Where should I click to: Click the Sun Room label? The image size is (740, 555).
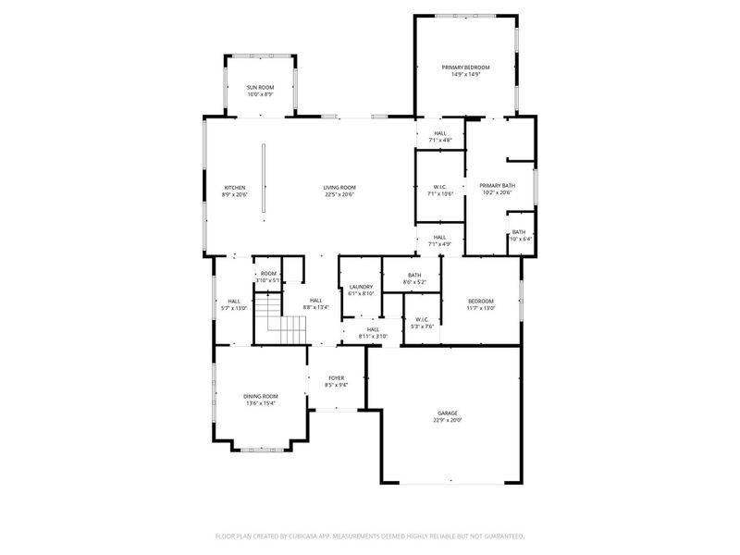tap(260, 87)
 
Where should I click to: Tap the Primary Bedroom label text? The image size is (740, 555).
tap(465, 68)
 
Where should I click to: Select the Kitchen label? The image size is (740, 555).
tap(234, 187)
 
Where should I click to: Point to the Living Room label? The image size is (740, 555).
tap(339, 187)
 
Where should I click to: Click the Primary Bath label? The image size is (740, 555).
tap(497, 186)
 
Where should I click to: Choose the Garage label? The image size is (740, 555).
tap(448, 413)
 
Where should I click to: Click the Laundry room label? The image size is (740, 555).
tap(361, 287)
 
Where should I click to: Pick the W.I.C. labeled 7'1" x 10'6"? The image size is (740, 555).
tap(439, 187)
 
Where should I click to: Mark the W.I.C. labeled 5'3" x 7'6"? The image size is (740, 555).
tap(422, 319)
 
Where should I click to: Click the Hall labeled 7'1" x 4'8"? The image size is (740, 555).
tap(439, 133)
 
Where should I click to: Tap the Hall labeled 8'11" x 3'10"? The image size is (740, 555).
tap(373, 329)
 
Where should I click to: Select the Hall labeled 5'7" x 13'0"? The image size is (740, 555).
tap(234, 301)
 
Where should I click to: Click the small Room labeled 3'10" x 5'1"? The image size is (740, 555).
tap(268, 273)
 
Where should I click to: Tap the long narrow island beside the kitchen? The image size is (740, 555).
tap(264, 181)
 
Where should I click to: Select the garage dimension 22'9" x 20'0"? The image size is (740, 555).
tap(448, 420)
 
